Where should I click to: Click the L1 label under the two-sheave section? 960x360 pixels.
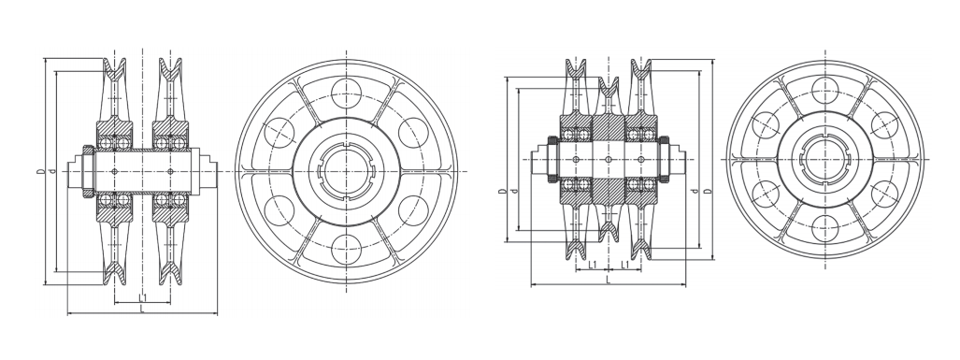click(x=142, y=297)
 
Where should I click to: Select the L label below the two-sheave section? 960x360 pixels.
click(x=142, y=310)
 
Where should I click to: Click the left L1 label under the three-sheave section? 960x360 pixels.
click(x=592, y=265)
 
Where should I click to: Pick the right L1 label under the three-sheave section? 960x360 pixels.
click(x=624, y=265)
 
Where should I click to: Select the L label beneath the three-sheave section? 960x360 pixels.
click(x=608, y=280)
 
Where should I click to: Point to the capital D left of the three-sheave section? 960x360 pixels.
click(x=503, y=191)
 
